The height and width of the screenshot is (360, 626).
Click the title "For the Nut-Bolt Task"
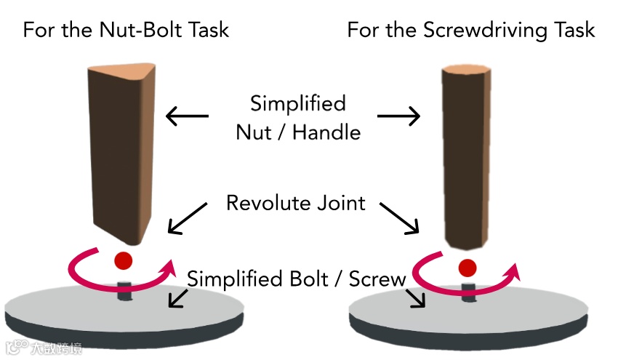coord(126,30)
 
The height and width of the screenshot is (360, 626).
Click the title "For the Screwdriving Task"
coord(470,30)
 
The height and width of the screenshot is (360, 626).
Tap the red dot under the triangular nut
coord(123,260)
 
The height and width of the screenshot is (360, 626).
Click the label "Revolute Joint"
coord(295,202)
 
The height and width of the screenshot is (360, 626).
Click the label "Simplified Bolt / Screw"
coord(296,279)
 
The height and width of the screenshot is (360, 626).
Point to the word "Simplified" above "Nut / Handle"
coord(297,103)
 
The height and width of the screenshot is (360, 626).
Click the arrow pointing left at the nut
coord(187,116)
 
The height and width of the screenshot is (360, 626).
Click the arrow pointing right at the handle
coord(399,116)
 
